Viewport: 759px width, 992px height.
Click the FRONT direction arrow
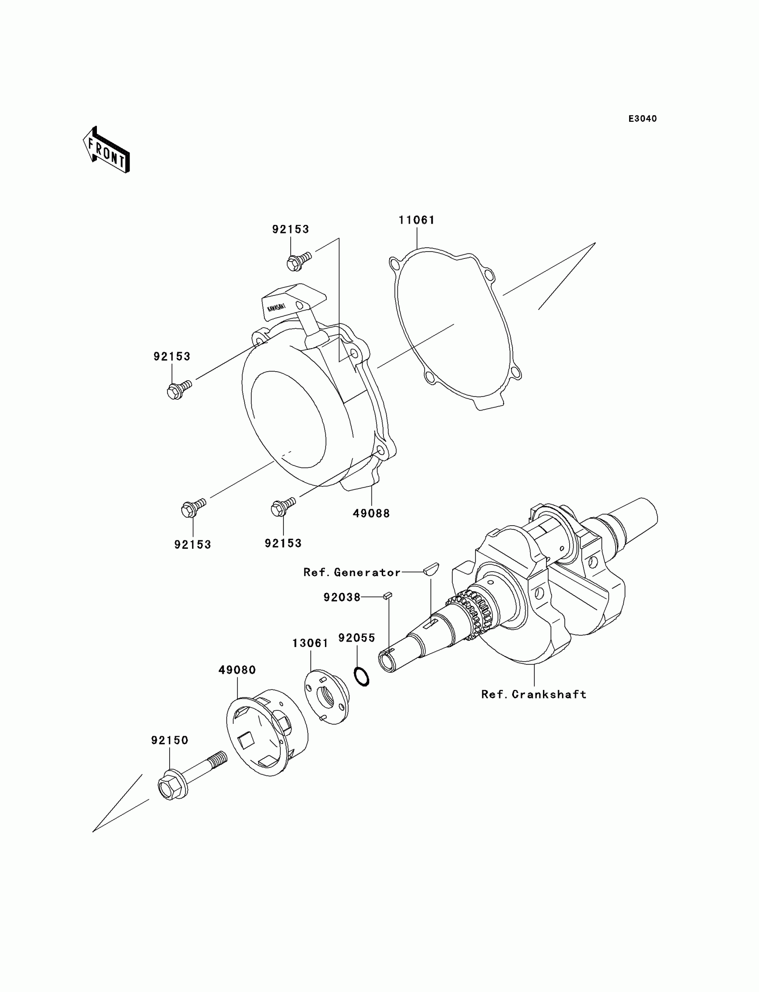click(x=107, y=150)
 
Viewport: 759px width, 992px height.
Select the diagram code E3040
click(x=642, y=119)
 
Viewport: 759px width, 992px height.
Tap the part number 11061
click(x=416, y=220)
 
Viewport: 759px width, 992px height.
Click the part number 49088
click(x=371, y=513)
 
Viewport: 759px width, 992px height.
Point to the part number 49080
click(x=237, y=670)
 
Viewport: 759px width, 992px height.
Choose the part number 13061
click(x=310, y=643)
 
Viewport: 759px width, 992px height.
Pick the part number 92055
click(x=356, y=638)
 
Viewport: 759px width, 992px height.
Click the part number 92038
click(x=342, y=598)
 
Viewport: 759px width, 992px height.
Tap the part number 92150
click(x=169, y=740)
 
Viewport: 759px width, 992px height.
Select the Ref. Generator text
click(x=352, y=573)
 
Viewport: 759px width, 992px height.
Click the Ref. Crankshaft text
click(x=534, y=694)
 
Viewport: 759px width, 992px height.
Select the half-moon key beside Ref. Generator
click(x=431, y=568)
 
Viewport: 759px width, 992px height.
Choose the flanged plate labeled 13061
click(x=326, y=697)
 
